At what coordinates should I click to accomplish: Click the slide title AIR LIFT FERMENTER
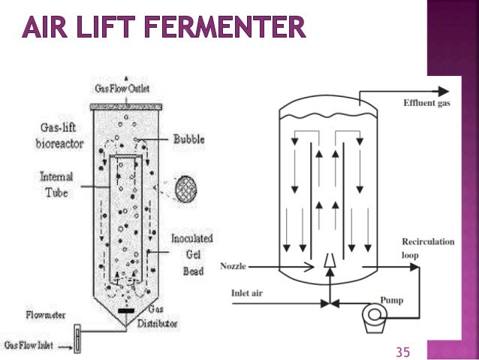[x=164, y=29]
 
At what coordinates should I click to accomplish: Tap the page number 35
[x=404, y=350]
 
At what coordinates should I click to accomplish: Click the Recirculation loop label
[x=428, y=249]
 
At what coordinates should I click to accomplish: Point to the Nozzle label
[x=233, y=265]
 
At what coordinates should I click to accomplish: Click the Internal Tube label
[x=57, y=184]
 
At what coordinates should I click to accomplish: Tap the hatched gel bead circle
[x=188, y=185]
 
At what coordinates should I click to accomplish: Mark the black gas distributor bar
[x=126, y=309]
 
